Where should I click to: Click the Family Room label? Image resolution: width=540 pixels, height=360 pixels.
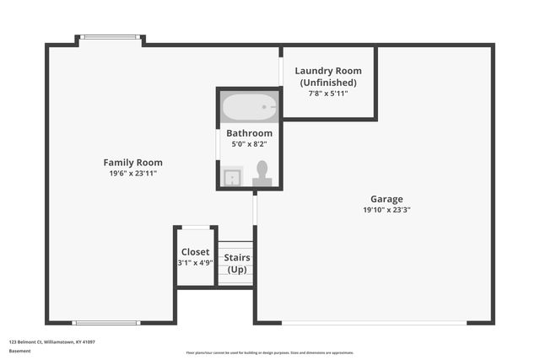pos(132,162)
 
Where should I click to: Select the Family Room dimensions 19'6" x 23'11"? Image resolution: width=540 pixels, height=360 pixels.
pos(132,173)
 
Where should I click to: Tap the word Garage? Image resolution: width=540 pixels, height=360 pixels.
pos(386,199)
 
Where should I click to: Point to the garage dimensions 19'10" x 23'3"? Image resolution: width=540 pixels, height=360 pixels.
pos(386,210)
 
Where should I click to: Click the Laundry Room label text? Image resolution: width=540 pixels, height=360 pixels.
pos(328,71)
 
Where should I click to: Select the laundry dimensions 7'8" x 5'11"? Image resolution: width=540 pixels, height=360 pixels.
pos(328,93)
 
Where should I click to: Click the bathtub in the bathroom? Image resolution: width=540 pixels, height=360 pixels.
pos(249,107)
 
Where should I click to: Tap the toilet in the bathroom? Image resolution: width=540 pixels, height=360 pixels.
pos(262,174)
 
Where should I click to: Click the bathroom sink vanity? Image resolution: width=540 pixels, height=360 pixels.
pos(231,176)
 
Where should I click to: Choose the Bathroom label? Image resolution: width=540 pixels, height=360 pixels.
pos(249,133)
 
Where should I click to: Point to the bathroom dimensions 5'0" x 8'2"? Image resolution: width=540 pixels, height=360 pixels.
pos(249,144)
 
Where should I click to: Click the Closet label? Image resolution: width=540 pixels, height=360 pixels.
pos(196,251)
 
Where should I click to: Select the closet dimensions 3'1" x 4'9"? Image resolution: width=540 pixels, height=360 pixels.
pos(196,262)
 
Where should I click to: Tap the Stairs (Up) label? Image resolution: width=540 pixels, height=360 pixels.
pos(236,263)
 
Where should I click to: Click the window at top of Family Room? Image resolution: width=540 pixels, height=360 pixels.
pos(110,37)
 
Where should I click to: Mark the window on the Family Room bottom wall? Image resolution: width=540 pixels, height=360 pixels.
pos(105,323)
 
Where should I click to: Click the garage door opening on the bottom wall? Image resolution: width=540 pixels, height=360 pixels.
pos(373,323)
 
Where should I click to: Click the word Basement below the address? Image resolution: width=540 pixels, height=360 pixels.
pos(20,352)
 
